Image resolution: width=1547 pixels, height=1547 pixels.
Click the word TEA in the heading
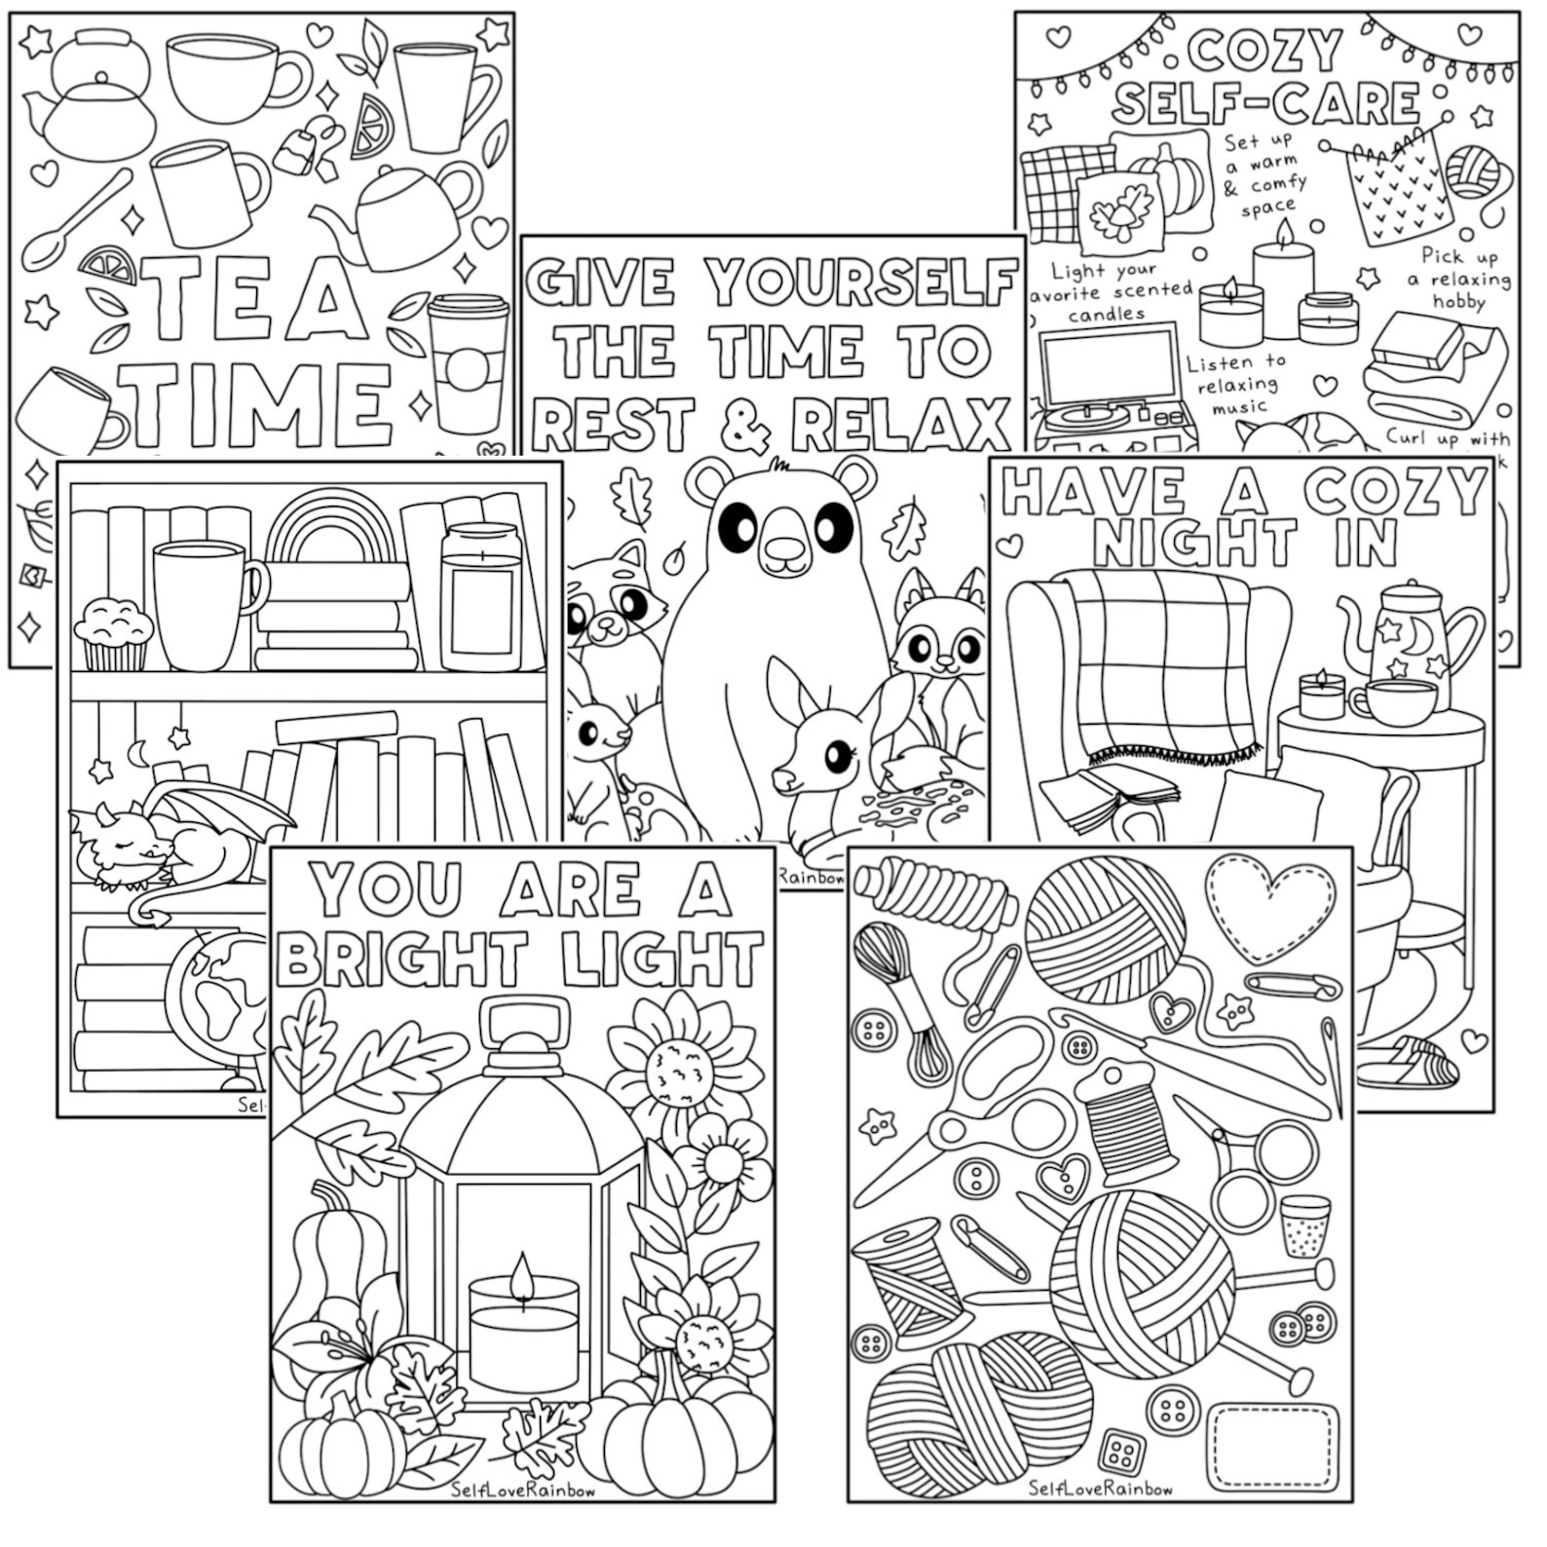253,297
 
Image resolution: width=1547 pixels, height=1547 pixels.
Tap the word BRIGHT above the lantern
401,960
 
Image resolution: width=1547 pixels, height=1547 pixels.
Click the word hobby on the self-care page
1458,302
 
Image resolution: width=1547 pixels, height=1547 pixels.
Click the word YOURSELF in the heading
859,283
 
